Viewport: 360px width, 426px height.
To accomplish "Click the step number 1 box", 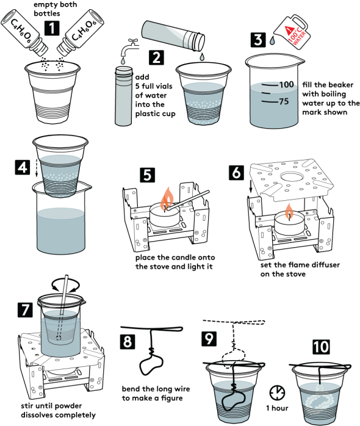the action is tap(52, 28).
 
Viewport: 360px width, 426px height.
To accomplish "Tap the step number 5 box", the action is tap(147, 175).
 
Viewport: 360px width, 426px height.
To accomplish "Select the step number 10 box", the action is tap(321, 347).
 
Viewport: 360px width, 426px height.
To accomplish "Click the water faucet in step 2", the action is tap(129, 47).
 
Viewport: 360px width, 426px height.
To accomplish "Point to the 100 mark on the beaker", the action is tap(286, 84).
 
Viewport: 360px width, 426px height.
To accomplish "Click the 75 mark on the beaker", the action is tap(284, 101).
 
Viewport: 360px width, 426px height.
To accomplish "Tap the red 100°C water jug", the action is tap(293, 32).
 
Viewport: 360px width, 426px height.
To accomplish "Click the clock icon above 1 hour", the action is tap(278, 392).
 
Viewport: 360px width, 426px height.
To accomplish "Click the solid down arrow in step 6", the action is tap(251, 187).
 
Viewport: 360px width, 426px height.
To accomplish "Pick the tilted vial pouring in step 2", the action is tap(173, 35).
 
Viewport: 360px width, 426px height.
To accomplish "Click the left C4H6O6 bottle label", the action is tap(21, 32).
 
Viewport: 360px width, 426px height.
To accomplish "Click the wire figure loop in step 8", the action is tap(151, 364).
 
